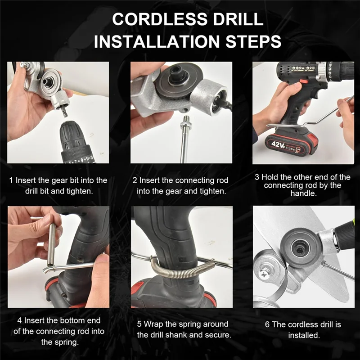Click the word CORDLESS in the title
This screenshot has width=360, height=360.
pos(160,19)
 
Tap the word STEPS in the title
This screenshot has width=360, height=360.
pos(253,41)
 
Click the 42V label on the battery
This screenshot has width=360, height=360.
pos(278,144)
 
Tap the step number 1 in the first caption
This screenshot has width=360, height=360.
pos(11,180)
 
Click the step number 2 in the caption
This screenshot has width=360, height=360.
pos(135,180)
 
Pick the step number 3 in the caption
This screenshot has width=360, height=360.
pos(257,177)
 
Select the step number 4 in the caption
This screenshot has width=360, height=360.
pos(19,320)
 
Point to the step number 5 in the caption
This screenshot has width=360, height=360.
pos(139,324)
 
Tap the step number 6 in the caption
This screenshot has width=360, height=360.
pos(267,324)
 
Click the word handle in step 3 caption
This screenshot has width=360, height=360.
pos(303,193)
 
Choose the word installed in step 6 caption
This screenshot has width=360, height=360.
pos(304,335)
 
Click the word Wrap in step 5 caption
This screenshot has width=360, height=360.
pos(153,324)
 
